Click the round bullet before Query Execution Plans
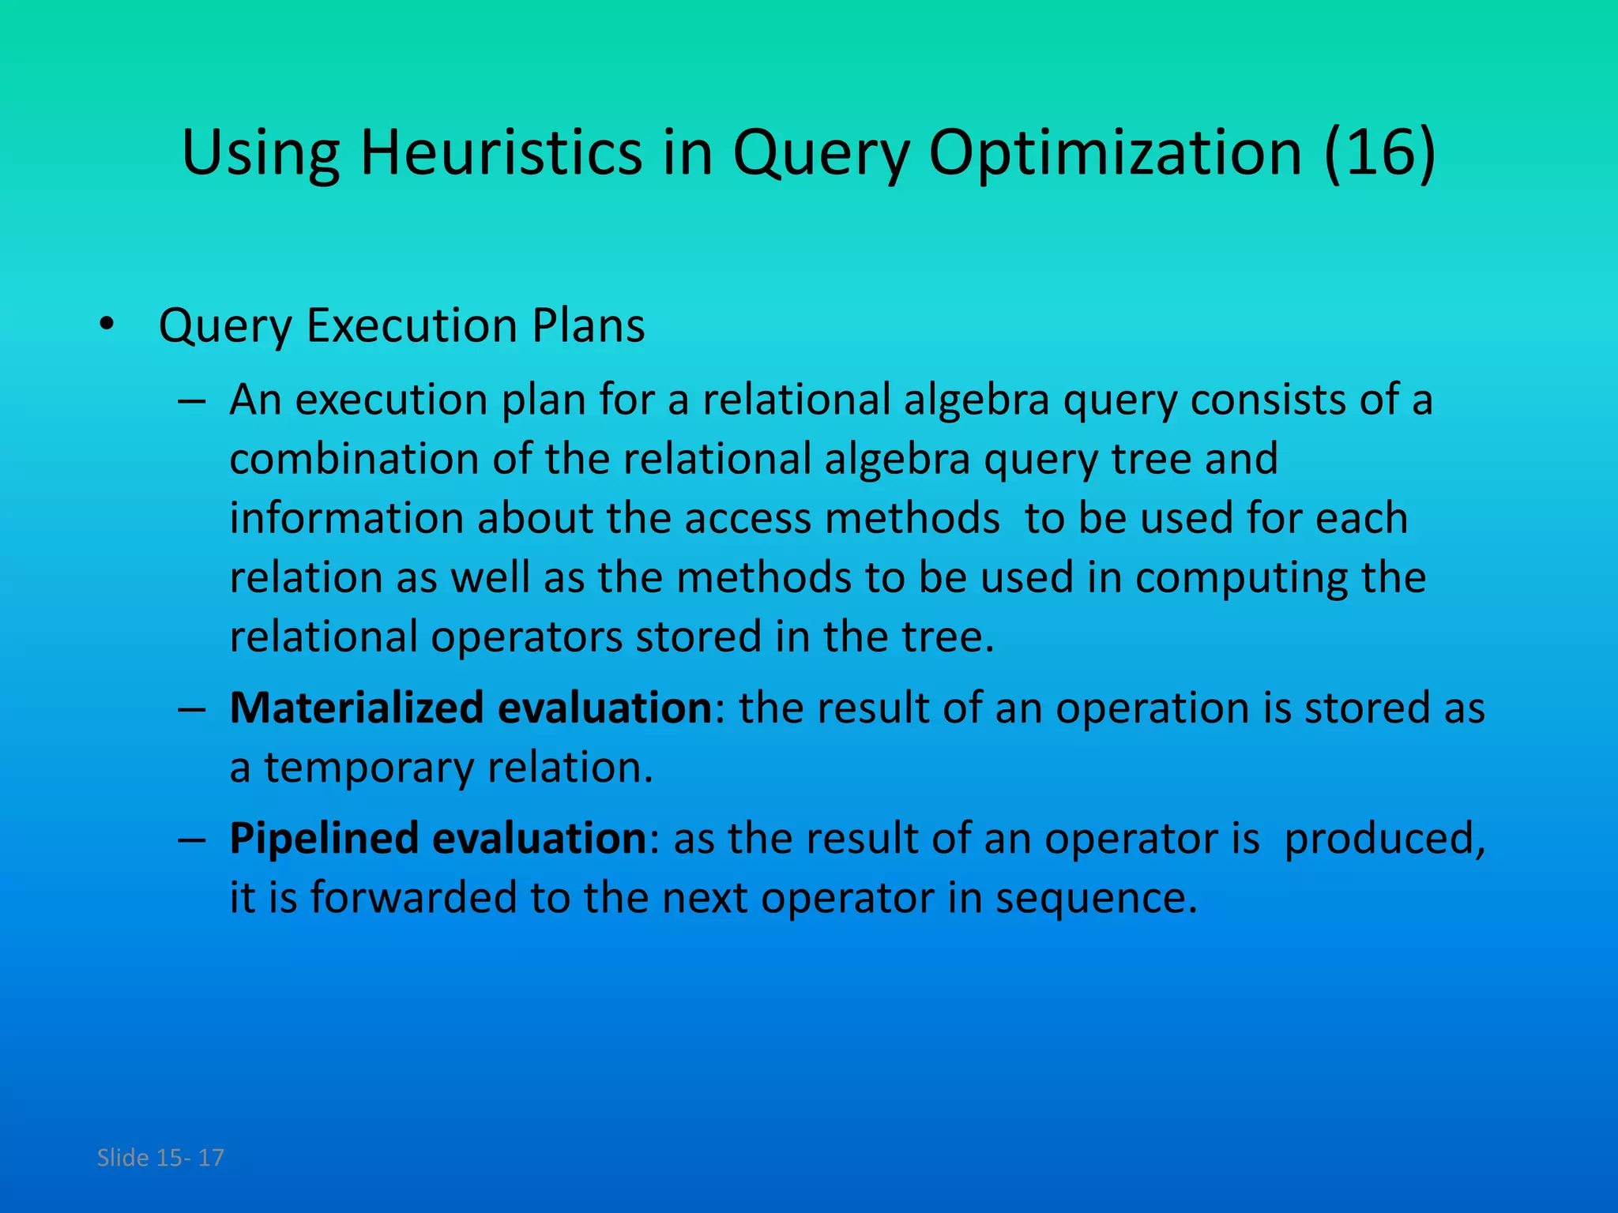pos(107,325)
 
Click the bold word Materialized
pos(356,708)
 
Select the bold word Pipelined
pos(324,838)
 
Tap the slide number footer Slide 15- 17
pos(160,1158)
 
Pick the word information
pos(347,518)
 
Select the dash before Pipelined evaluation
pos(192,839)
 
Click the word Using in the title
pos(261,153)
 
